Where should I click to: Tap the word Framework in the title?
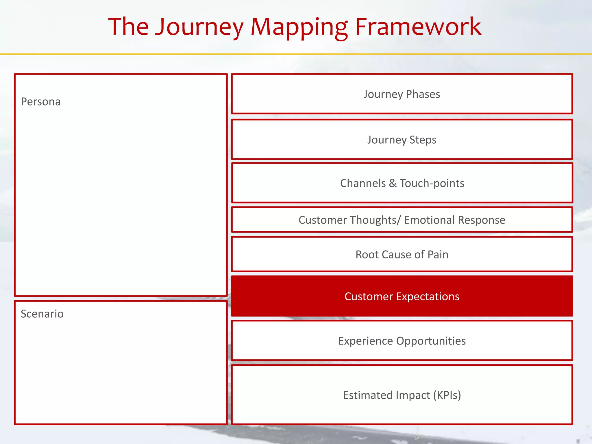tap(418, 27)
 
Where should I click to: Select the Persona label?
tap(41, 102)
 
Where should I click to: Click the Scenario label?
tap(42, 314)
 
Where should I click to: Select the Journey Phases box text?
tap(402, 94)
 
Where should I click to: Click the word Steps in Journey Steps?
tap(423, 140)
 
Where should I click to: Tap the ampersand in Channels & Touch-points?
tap(393, 183)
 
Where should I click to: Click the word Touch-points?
tap(432, 183)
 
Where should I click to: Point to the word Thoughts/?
tap(375, 220)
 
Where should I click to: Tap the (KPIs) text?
tap(447, 395)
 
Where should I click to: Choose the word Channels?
tap(363, 183)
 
